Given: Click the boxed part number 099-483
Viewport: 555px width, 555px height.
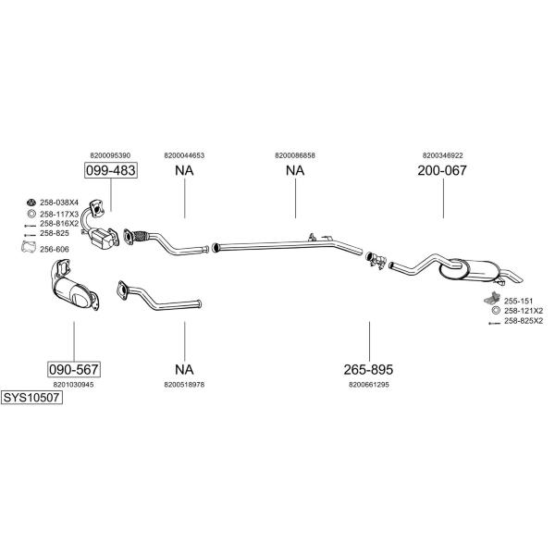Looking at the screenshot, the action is [111, 170].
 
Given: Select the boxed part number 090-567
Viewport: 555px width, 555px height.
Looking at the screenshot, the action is [74, 369].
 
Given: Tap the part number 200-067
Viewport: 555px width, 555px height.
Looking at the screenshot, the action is [442, 170].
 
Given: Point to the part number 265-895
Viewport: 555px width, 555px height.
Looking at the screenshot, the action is [368, 369].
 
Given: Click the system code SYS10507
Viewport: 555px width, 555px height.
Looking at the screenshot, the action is [31, 398].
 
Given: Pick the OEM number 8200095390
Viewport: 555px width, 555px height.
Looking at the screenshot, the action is [110, 155].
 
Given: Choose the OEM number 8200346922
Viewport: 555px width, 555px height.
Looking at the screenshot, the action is [442, 155].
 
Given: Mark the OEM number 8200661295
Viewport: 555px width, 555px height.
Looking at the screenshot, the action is [369, 385].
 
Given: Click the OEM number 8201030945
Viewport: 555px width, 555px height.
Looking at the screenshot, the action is [74, 385].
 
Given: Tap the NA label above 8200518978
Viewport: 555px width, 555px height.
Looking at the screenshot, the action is [184, 369].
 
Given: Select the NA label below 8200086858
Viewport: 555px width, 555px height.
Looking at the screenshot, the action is [295, 170].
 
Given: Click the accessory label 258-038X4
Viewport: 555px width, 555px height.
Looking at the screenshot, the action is [59, 203].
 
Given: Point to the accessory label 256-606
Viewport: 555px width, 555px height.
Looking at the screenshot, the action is [55, 249].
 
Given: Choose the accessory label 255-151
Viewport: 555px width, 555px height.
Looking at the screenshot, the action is [518, 302].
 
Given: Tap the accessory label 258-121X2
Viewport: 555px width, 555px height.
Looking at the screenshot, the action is [524, 311].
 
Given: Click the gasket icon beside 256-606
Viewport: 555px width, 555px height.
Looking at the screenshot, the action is [29, 247].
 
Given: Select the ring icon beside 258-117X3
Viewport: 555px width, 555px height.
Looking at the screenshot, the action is [31, 214].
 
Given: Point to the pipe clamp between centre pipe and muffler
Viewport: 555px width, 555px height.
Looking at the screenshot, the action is [376, 260].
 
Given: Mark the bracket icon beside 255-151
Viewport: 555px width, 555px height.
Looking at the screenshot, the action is [492, 299].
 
